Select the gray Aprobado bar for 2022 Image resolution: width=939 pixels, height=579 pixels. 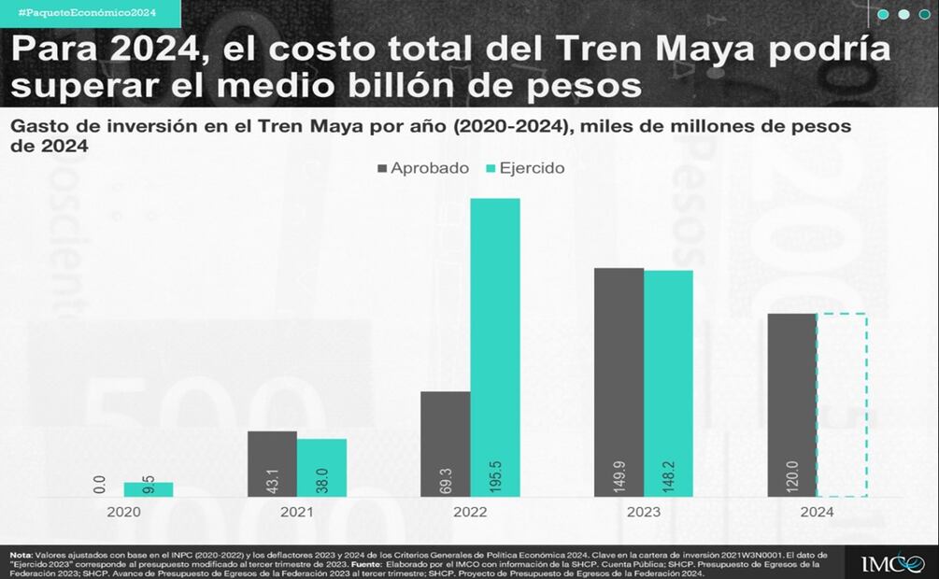click(x=446, y=444)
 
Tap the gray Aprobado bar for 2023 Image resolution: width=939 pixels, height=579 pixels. click(x=619, y=382)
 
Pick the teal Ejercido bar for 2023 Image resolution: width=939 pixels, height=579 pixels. click(x=668, y=383)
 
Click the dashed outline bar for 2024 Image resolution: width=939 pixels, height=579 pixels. click(x=842, y=404)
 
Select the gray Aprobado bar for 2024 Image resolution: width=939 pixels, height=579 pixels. click(x=792, y=404)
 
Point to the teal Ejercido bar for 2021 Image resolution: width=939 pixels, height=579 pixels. click(x=321, y=467)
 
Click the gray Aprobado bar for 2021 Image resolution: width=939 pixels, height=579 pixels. click(x=272, y=463)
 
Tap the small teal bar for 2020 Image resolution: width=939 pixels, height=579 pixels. click(x=149, y=489)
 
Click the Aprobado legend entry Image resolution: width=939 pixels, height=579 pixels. click(x=423, y=168)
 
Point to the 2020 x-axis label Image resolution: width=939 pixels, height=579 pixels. click(x=124, y=512)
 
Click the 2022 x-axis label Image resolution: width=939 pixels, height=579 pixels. click(x=470, y=512)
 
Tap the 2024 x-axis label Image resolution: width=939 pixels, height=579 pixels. click(x=817, y=512)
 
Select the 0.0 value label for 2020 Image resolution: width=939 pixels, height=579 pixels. click(x=100, y=485)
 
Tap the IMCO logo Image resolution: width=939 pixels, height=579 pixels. click(x=891, y=562)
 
